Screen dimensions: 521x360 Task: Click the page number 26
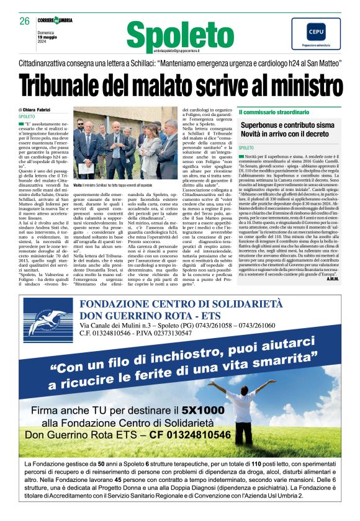pos(25,21)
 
